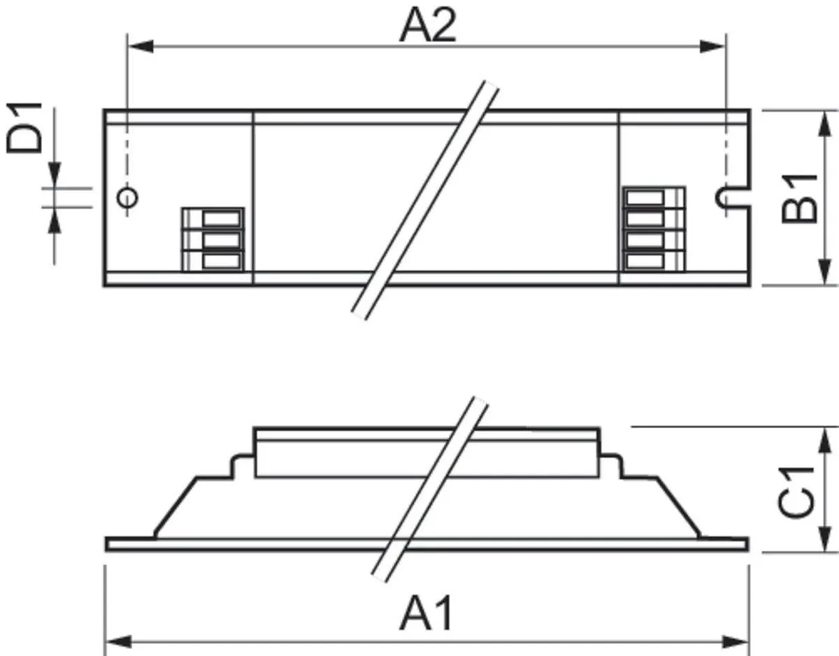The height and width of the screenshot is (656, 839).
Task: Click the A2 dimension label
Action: [428, 25]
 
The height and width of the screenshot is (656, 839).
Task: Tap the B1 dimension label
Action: [800, 199]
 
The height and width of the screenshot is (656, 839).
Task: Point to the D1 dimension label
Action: [24, 128]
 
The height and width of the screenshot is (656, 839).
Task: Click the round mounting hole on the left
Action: [127, 198]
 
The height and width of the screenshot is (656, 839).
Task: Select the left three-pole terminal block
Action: [213, 240]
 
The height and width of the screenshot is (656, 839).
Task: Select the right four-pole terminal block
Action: [654, 229]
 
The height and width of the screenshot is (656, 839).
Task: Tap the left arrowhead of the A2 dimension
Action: [141, 46]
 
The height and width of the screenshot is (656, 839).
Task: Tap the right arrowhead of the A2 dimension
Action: [712, 46]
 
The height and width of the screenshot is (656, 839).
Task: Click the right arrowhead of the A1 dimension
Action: [736, 643]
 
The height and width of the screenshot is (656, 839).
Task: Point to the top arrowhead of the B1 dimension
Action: [825, 124]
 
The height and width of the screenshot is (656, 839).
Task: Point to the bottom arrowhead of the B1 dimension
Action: [825, 273]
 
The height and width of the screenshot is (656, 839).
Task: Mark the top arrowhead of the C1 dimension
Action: [825, 441]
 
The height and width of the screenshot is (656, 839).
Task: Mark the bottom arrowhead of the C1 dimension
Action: [825, 539]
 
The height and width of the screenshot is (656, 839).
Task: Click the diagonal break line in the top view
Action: [425, 201]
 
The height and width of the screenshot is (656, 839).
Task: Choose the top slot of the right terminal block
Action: [645, 198]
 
